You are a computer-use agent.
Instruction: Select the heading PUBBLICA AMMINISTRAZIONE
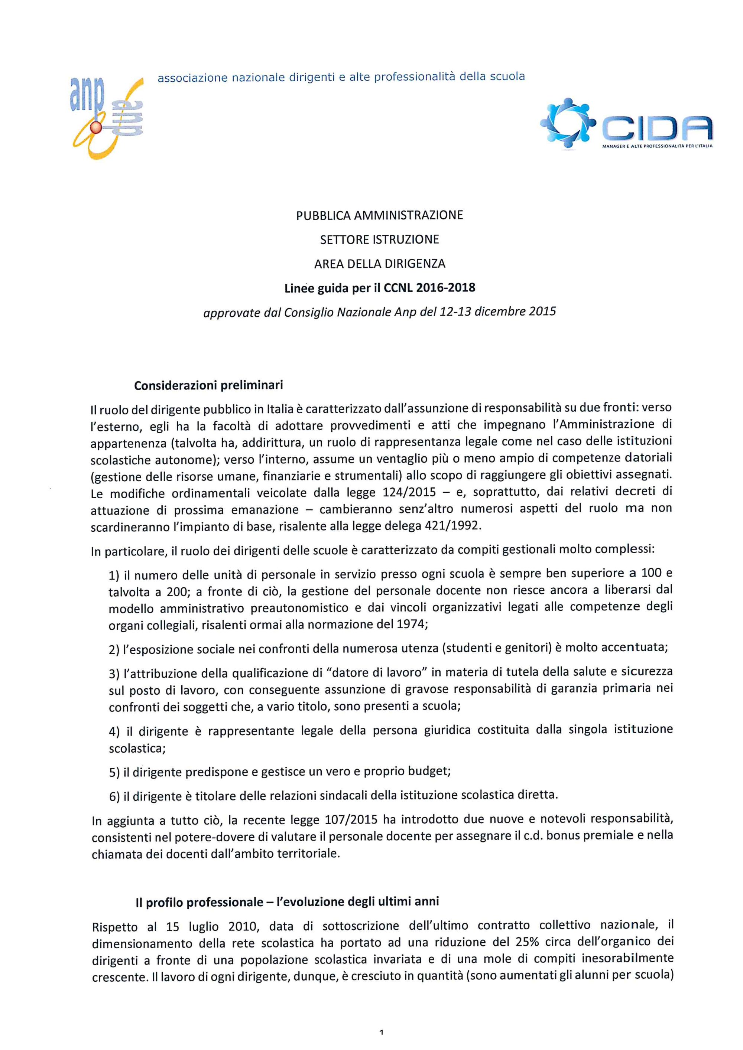pos(379,215)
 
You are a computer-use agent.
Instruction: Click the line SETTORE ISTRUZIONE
pos(379,239)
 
